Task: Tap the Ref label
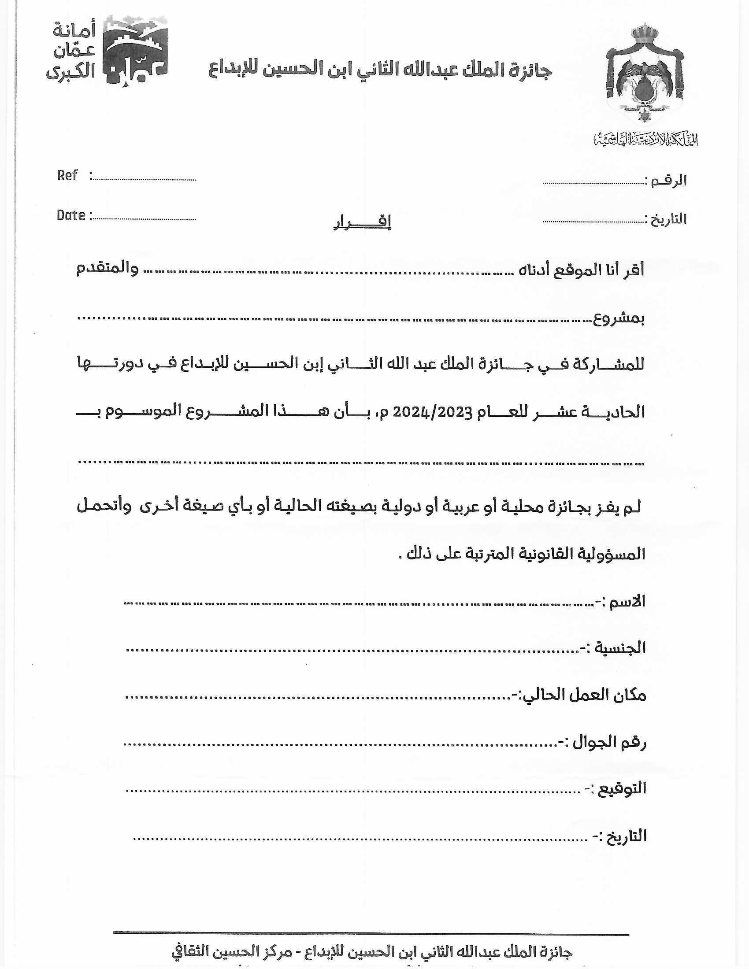pyautogui.click(x=67, y=176)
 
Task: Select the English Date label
pyautogui.click(x=71, y=216)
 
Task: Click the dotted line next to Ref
pyautogui.click(x=144, y=180)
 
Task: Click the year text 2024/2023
pyautogui.click(x=432, y=412)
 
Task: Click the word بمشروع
pyautogui.click(x=619, y=318)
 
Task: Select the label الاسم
pyautogui.click(x=626, y=602)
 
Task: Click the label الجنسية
pyautogui.click(x=619, y=648)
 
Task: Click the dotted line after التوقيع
pyautogui.click(x=353, y=791)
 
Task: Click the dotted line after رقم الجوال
pyautogui.click(x=339, y=743)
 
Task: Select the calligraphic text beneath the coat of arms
pyautogui.click(x=645, y=140)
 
